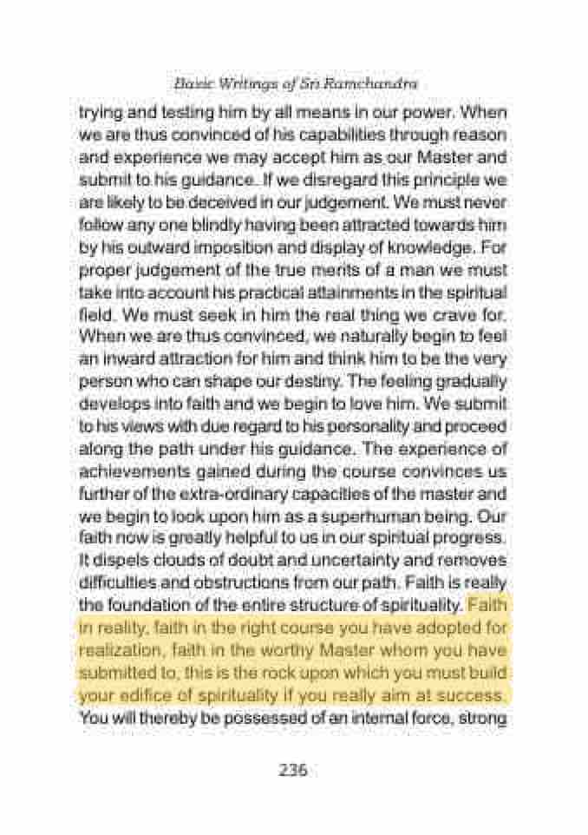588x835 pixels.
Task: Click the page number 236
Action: point(293,770)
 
